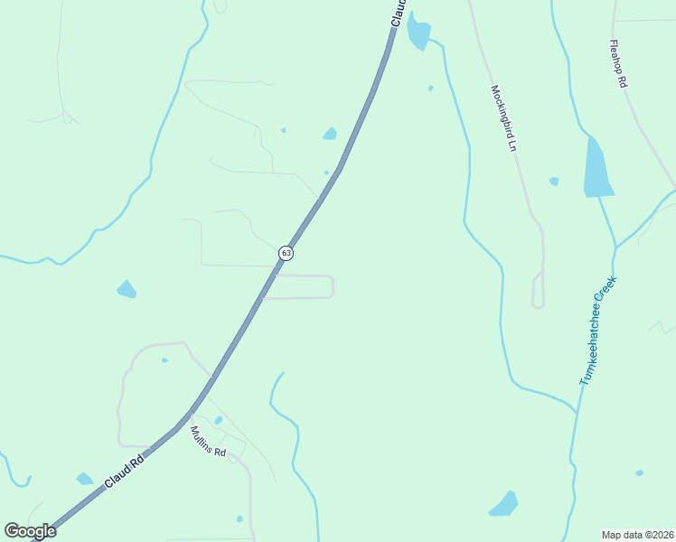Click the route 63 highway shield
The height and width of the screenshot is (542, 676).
pyautogui.click(x=286, y=253)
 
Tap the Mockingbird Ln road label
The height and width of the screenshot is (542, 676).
pyautogui.click(x=503, y=117)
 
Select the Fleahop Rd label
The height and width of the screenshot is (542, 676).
pyautogui.click(x=618, y=63)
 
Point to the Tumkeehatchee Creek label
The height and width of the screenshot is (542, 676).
pyautogui.click(x=596, y=332)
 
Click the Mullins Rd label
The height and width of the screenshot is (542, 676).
pyautogui.click(x=208, y=441)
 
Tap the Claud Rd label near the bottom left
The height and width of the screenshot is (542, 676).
pyautogui.click(x=124, y=473)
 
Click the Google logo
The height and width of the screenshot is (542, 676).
pyautogui.click(x=30, y=531)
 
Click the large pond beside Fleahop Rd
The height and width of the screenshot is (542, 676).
pyautogui.click(x=597, y=169)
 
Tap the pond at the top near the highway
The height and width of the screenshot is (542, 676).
pyautogui.click(x=418, y=33)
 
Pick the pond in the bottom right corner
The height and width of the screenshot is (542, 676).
pyautogui.click(x=504, y=504)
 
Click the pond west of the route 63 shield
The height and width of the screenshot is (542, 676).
pyautogui.click(x=126, y=289)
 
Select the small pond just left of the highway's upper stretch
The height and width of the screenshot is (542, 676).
pyautogui.click(x=330, y=135)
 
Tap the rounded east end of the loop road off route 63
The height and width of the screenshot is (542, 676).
pyautogui.click(x=332, y=286)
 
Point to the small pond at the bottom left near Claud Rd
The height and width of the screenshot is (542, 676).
pyautogui.click(x=84, y=479)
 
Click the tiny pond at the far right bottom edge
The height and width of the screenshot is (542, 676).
pyautogui.click(x=639, y=472)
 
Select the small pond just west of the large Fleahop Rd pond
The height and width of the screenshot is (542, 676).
pyautogui.click(x=554, y=182)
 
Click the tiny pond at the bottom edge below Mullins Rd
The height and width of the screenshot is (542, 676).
pyautogui.click(x=239, y=519)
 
